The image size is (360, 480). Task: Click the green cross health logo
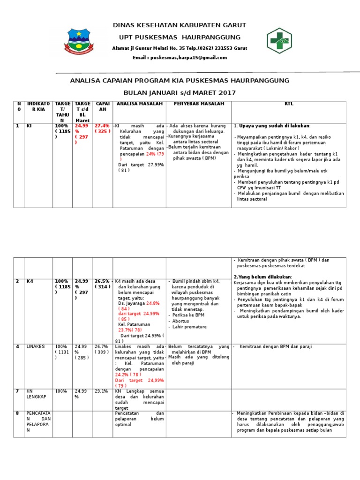point(279,41)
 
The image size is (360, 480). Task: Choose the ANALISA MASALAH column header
point(139,104)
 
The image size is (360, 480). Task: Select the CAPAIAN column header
point(102,106)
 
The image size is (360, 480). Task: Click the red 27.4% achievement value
point(101,126)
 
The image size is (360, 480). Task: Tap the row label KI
point(29,126)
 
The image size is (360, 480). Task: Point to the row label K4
point(30,281)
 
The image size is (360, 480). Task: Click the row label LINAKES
point(35,346)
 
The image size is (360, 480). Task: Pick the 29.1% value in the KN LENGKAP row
point(101,390)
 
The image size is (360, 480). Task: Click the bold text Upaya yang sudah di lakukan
point(275,126)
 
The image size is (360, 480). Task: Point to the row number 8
point(17,413)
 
